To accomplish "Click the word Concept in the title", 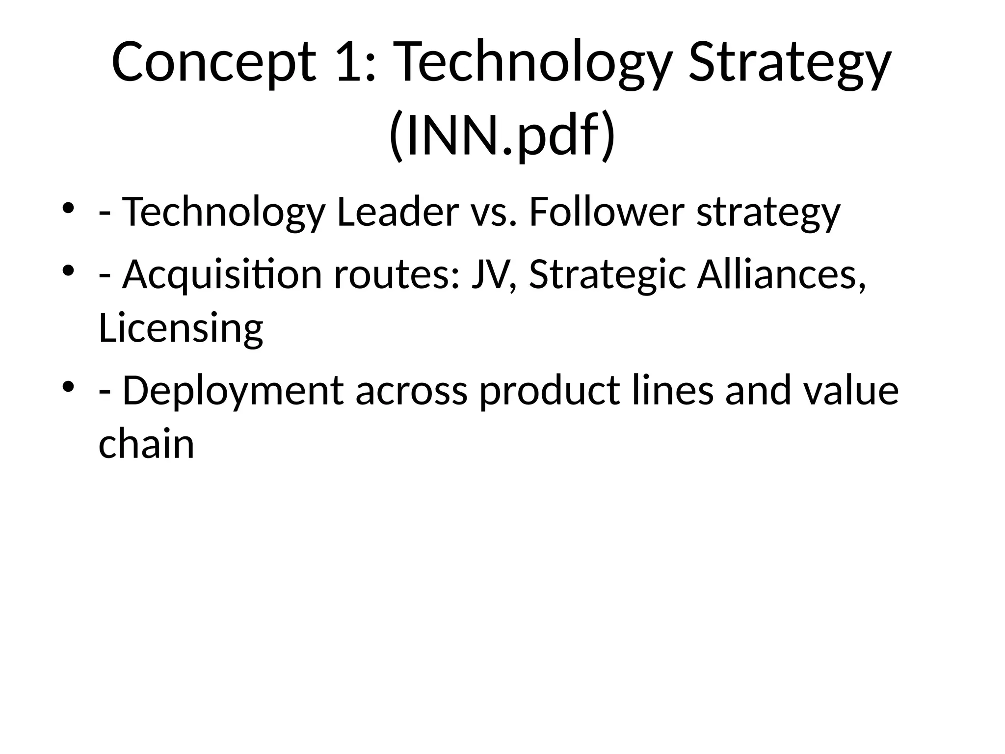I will pos(213,63).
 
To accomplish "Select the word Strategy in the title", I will pos(790,63).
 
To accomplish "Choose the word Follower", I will pos(607,212).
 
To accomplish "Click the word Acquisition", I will pos(222,274).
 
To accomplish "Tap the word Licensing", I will pos(181,328).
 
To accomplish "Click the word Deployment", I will pos(233,390).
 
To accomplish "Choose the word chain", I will pos(146,444).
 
